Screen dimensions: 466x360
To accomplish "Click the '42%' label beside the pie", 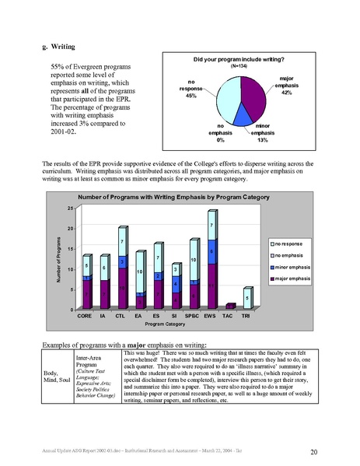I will tap(286, 93).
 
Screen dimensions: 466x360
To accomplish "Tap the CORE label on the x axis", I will tap(88, 317).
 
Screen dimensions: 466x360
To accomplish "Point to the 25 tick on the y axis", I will tap(70, 208).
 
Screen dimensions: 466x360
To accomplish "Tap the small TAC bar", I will tap(230, 307).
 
